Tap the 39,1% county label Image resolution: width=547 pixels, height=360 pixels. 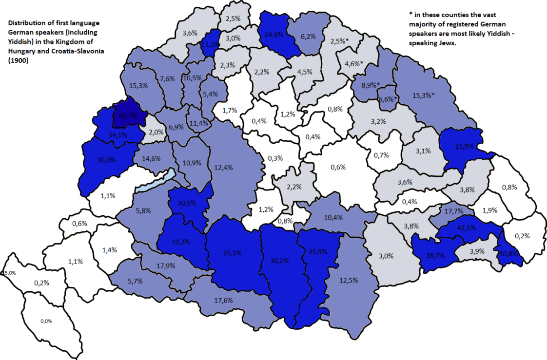click(118, 135)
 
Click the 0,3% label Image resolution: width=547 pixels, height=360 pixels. click(275, 158)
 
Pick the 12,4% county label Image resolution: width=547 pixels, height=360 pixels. click(223, 167)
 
